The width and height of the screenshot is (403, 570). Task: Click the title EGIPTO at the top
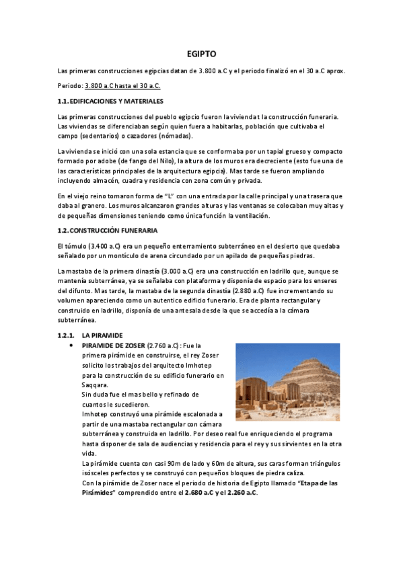click(x=201, y=54)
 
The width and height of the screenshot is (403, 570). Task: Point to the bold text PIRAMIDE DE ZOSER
click(x=113, y=344)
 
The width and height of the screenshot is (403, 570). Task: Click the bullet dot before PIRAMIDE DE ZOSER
click(x=71, y=344)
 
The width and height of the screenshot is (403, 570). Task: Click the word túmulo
click(x=77, y=246)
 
